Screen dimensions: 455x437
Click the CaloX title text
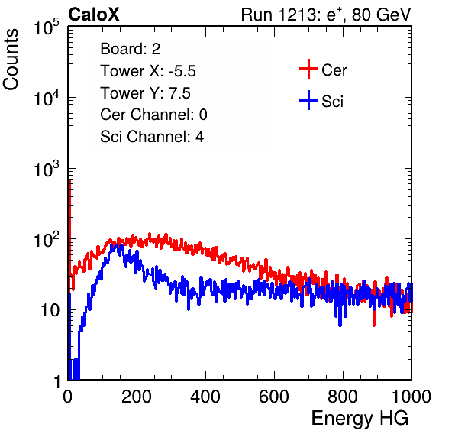tap(94, 15)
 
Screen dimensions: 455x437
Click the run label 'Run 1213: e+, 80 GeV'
tap(326, 15)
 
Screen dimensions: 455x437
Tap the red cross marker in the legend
tap(308, 69)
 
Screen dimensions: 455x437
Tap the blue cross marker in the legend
tap(308, 101)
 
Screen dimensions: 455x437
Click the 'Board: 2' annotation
tap(130, 49)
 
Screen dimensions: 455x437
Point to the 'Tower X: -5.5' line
tap(148, 71)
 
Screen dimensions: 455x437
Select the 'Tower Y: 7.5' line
tap(145, 93)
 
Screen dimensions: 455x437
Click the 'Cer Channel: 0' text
tap(153, 115)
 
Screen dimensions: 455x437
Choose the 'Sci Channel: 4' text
tap(152, 136)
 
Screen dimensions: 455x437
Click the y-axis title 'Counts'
tap(11, 60)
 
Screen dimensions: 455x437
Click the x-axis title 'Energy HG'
tap(360, 419)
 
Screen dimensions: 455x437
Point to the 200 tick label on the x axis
tap(137, 397)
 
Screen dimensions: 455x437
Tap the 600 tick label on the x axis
tap(274, 397)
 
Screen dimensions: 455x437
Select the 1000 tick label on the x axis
tap(411, 397)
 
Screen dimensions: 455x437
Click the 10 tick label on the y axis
tap(50, 310)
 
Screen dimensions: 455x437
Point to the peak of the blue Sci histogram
tap(117, 244)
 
